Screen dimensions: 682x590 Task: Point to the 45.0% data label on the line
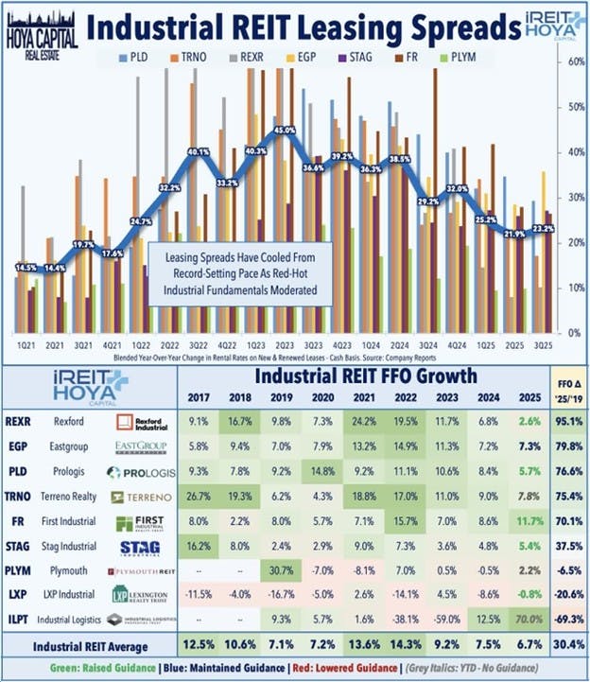[x=284, y=130]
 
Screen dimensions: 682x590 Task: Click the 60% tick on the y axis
[x=572, y=61]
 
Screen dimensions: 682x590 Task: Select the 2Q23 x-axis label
[x=283, y=347]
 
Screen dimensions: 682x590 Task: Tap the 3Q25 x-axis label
[x=543, y=347]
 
